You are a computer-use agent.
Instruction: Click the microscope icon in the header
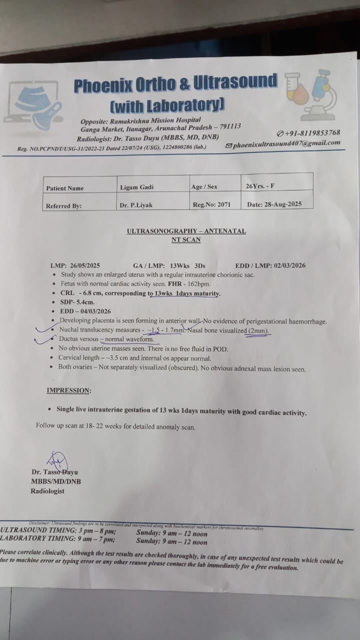point(320,95)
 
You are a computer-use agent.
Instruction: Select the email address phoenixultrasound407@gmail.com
point(286,143)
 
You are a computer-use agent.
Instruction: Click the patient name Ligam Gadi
point(136,187)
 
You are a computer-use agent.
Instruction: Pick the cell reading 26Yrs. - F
point(260,186)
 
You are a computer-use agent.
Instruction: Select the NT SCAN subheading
point(185,239)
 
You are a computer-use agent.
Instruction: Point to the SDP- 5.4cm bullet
point(77,302)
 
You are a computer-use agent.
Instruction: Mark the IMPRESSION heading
point(69,390)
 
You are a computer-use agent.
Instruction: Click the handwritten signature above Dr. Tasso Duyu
point(58,460)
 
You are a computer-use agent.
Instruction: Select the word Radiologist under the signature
point(47,491)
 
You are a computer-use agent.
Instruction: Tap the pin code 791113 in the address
point(226,126)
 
